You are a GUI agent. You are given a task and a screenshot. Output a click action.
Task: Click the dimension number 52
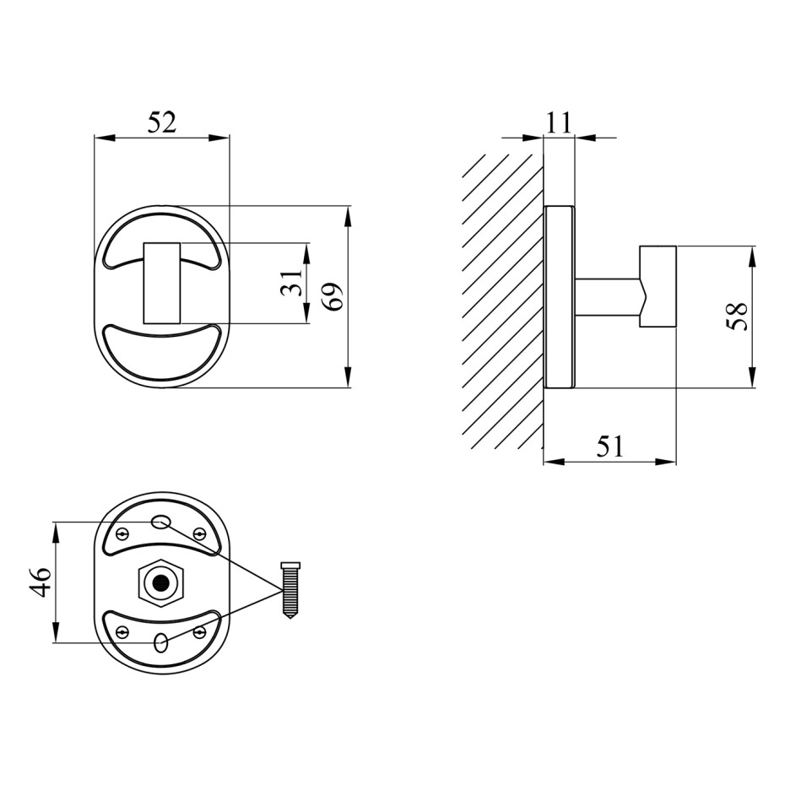162,122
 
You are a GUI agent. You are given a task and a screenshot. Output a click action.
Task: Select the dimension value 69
333,297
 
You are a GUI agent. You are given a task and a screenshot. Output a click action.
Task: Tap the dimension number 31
292,283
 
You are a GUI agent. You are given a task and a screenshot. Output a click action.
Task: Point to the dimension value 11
558,122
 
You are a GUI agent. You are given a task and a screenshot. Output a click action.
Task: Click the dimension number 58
736,317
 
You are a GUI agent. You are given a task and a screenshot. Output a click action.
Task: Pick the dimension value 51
610,446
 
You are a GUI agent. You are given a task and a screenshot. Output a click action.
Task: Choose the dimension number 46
40,582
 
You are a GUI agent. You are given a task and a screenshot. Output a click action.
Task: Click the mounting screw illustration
291,590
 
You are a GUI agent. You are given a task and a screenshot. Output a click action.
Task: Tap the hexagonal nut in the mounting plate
160,582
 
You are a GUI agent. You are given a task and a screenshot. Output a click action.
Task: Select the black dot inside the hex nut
160,582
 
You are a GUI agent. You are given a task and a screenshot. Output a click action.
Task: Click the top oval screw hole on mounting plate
160,522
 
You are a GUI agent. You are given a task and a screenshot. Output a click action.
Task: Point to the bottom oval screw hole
161,642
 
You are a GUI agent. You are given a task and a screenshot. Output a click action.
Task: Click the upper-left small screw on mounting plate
122,534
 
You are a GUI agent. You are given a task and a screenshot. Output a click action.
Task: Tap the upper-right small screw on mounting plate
198,533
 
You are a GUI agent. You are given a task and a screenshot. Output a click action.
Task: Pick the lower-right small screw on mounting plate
200,631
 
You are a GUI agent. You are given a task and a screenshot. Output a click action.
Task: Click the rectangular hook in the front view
162,284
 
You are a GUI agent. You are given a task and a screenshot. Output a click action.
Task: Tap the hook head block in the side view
658,287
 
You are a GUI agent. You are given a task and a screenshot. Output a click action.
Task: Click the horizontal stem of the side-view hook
607,297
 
